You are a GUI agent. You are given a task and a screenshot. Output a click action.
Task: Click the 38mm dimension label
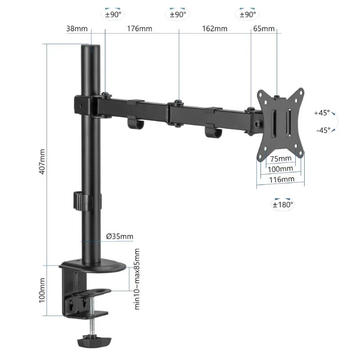pos(77,29)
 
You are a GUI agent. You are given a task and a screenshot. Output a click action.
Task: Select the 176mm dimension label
pos(139,29)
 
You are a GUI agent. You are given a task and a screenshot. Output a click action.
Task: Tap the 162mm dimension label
pos(215,29)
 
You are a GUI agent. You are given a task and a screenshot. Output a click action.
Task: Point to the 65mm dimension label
pos(264,29)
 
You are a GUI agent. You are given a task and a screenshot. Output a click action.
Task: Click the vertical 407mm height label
pos(41,162)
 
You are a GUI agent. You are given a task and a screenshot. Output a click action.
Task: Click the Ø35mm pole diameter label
pos(120,236)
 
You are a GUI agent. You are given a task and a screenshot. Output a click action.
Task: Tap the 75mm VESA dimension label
pos(281,158)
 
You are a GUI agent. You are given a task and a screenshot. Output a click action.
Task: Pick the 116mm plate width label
pos(281,180)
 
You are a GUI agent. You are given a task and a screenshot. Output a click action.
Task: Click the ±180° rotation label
pos(283,204)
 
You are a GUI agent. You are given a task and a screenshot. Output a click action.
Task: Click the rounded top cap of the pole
pos(91,46)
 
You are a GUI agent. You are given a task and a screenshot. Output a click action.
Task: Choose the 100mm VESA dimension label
pos(281,169)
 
